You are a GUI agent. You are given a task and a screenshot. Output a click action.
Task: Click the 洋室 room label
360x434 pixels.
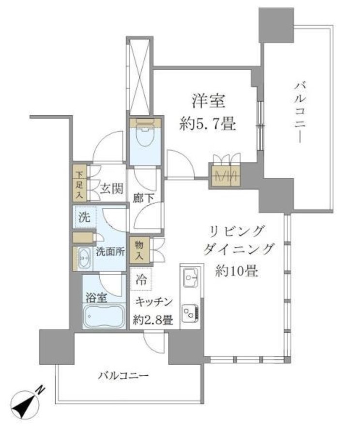(207, 103)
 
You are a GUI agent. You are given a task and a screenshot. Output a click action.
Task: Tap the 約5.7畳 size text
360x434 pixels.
(207, 125)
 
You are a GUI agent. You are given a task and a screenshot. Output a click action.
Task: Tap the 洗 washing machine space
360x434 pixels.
(84, 217)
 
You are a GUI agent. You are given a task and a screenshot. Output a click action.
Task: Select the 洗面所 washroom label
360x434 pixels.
(110, 251)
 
